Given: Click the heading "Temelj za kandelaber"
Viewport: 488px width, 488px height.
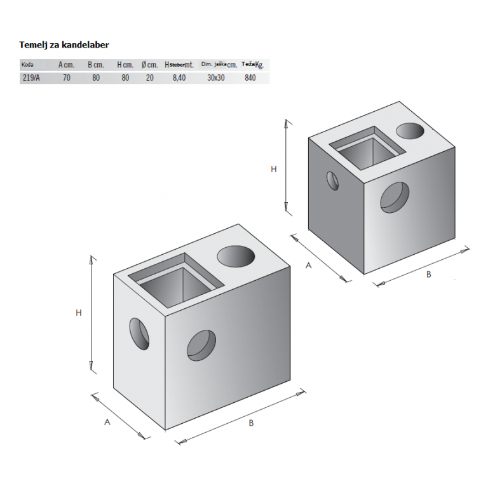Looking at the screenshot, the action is point(64,45).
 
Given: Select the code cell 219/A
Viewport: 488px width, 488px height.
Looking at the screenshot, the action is point(31,78).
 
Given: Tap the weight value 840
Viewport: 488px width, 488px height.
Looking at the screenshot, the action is point(250,78).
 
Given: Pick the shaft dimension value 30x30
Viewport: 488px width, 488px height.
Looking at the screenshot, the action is point(216,78).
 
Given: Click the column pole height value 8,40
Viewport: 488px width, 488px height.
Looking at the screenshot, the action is point(179,78).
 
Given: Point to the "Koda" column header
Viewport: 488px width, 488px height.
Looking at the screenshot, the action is point(27,65).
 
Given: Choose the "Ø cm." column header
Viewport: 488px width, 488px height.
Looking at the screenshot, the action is point(150,65).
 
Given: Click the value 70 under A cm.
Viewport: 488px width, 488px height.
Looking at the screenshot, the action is point(67,78).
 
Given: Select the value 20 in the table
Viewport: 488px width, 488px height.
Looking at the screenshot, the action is point(150,78).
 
